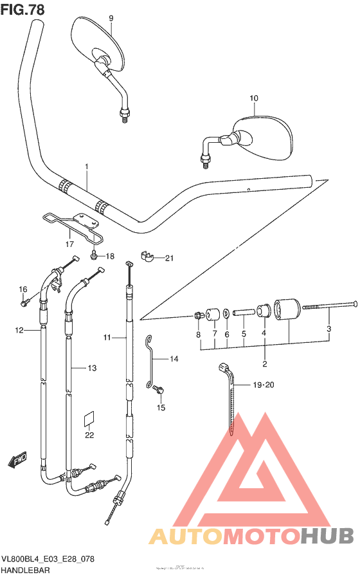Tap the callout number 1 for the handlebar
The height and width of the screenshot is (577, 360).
pyautogui.click(x=85, y=167)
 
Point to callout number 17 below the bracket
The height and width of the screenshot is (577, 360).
pyautogui.click(x=69, y=244)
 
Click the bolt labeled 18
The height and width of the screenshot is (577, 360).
pyautogui.click(x=95, y=255)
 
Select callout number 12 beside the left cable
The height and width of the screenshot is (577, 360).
pyautogui.click(x=19, y=330)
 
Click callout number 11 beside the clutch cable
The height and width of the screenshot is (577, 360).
pyautogui.click(x=107, y=336)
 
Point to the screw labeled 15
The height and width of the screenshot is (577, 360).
pyautogui.click(x=161, y=389)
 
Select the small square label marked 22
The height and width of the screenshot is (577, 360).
pyautogui.click(x=89, y=419)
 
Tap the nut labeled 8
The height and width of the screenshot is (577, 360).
pyautogui.click(x=199, y=316)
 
